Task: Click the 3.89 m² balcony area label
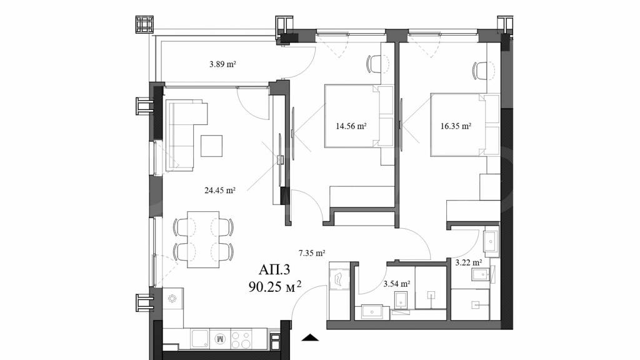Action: (223, 64)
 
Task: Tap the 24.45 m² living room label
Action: (219, 190)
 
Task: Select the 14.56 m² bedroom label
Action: (351, 126)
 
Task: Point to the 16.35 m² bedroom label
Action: (456, 126)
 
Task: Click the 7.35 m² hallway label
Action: (312, 252)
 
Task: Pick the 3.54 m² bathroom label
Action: (397, 284)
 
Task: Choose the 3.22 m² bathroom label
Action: (469, 262)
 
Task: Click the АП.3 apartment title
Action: (274, 270)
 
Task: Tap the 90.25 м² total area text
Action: (275, 287)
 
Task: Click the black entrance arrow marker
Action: (310, 337)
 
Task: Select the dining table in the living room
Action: (203, 239)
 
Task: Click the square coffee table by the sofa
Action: (211, 146)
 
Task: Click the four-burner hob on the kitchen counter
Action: (241, 339)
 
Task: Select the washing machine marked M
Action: (220, 339)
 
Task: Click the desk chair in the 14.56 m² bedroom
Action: (374, 64)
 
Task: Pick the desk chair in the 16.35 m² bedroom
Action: (480, 71)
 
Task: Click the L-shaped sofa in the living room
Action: (182, 135)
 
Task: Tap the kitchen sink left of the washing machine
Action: (200, 339)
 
